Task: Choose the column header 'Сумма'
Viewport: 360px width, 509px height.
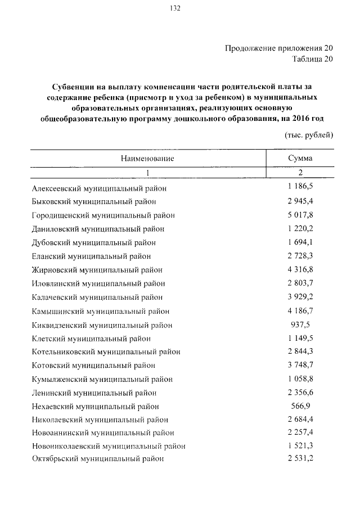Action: click(300, 159)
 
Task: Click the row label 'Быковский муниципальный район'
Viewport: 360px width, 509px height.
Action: click(94, 201)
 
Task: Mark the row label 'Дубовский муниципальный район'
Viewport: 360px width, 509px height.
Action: click(94, 242)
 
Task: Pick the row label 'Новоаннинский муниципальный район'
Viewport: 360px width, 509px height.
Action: click(103, 433)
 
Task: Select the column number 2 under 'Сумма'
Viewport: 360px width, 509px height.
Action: click(300, 173)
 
